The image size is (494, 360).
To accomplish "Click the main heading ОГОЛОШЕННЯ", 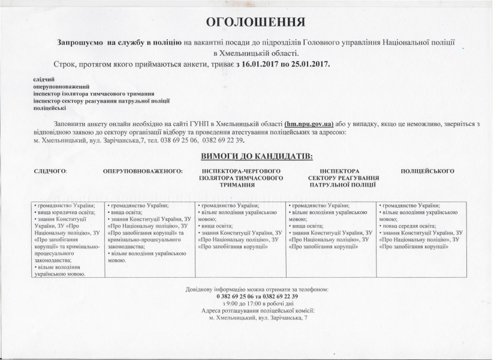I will [256, 23].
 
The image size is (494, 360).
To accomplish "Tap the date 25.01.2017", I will [308, 63].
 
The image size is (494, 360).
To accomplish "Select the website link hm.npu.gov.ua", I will [309, 124].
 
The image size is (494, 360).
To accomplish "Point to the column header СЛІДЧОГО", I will [51, 171].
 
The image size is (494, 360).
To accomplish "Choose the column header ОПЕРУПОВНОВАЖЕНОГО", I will [143, 171].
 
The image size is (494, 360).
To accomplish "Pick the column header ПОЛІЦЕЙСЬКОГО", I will [427, 171].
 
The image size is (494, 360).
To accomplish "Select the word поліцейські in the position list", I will [50, 108].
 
